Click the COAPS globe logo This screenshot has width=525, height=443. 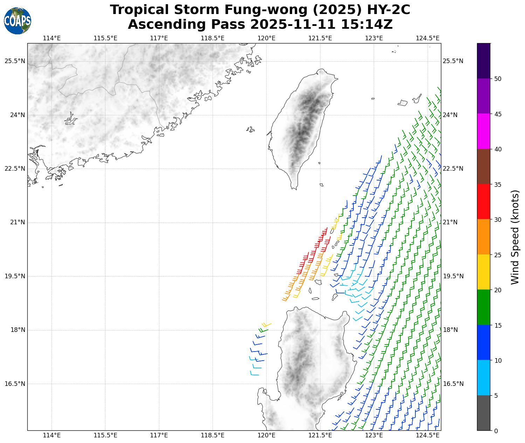coord(18,21)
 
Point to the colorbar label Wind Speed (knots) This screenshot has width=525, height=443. coord(514,237)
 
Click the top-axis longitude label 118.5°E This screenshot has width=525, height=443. coord(213,38)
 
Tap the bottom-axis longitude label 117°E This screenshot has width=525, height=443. coord(159,435)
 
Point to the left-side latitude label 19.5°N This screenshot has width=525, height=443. coord(15,276)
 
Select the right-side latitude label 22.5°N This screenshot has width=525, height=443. coord(453,169)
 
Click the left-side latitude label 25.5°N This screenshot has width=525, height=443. coord(15,61)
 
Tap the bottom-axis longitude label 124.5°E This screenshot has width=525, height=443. coord(428,435)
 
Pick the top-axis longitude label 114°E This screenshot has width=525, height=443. coord(52,38)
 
